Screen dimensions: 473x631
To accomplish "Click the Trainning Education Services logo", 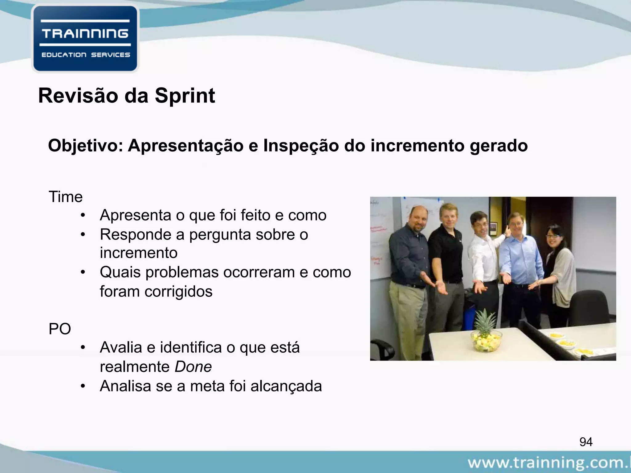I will point(85,39).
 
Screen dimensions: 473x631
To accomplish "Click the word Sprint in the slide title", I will point(185,96).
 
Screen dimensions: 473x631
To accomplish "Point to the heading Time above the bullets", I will point(66,197).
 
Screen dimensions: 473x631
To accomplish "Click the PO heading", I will point(60,329).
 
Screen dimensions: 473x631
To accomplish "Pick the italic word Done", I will point(193,367).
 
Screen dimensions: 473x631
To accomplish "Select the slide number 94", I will point(586,442).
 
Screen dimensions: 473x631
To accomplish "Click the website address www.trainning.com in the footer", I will point(548,463).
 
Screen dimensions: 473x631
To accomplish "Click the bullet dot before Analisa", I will point(82,386).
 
